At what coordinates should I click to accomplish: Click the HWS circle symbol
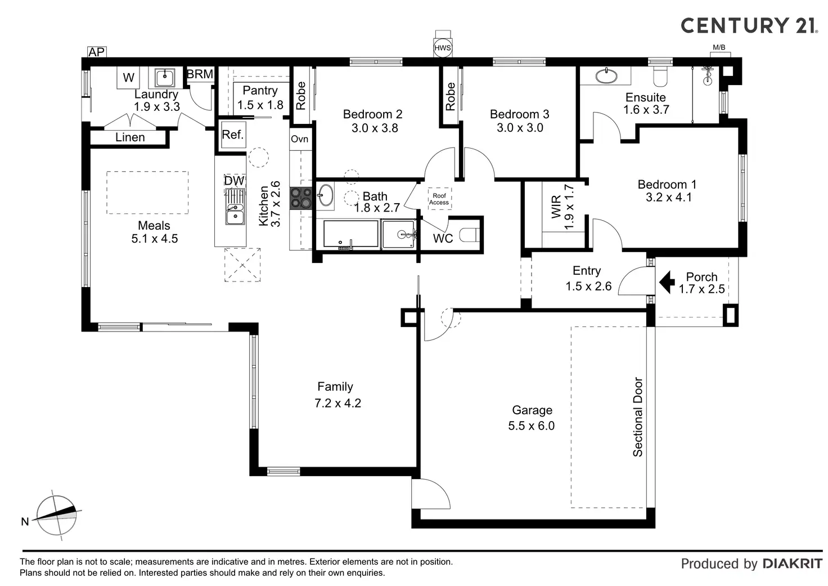coord(443,48)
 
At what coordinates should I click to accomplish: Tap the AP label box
coord(97,52)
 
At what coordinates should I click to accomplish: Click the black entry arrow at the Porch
coord(667,282)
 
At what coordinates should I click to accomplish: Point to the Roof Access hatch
coord(439,199)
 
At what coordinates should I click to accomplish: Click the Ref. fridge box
coord(232,135)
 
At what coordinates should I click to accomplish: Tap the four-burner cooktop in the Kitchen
coord(301,198)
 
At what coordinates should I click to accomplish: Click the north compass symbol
coord(56,516)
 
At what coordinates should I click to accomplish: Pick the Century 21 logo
coord(749,25)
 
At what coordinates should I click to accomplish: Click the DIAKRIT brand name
coord(792,563)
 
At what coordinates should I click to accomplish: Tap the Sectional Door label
coord(638,417)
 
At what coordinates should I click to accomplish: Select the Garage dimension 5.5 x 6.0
coord(531,426)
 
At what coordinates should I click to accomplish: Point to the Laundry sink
coord(165,77)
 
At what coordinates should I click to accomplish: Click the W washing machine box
coord(129,78)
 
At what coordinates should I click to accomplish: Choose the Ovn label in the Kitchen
coord(299,139)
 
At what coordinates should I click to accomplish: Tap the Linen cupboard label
coord(130,137)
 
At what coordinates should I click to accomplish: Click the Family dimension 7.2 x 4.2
coord(337,403)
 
